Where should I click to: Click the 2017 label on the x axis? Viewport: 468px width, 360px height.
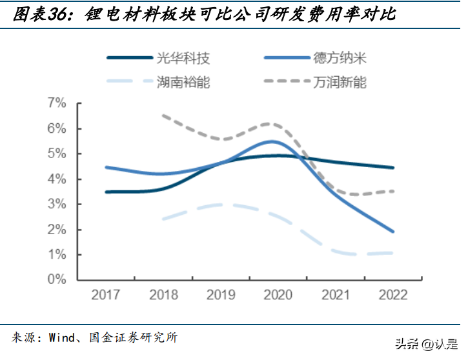[107, 295]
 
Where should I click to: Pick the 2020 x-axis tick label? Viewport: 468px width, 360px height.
[278, 295]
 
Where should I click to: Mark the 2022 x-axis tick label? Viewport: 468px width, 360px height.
[393, 295]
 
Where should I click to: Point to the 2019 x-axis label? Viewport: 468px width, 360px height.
[221, 295]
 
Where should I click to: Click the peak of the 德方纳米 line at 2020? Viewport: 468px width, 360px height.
[274, 141]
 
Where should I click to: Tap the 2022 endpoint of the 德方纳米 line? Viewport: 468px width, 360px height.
[393, 231]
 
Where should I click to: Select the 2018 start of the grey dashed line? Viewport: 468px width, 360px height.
[163, 116]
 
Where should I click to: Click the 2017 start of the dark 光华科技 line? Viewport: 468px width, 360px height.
[107, 192]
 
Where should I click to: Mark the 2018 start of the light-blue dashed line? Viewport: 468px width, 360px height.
[163, 219]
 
